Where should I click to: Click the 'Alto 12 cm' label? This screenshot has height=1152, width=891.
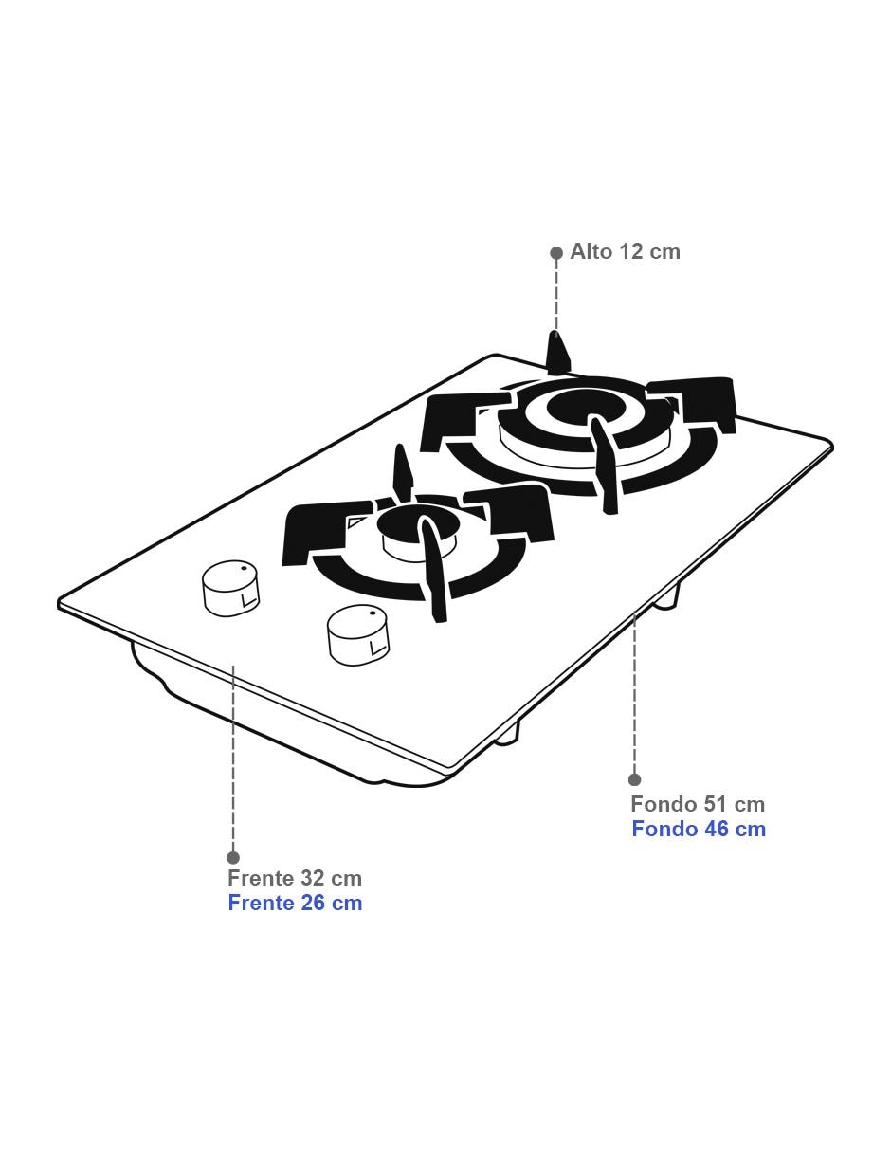(625, 252)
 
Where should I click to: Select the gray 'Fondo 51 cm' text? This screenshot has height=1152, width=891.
(698, 804)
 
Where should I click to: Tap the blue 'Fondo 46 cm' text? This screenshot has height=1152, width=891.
(699, 829)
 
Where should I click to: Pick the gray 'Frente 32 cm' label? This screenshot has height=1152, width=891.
(295, 878)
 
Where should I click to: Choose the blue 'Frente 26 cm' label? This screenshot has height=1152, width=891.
(295, 904)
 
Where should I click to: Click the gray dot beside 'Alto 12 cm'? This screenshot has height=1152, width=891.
(556, 253)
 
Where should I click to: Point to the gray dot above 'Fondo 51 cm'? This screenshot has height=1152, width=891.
(635, 779)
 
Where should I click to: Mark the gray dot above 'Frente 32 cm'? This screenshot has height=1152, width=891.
(233, 857)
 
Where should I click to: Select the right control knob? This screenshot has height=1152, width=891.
(358, 634)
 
